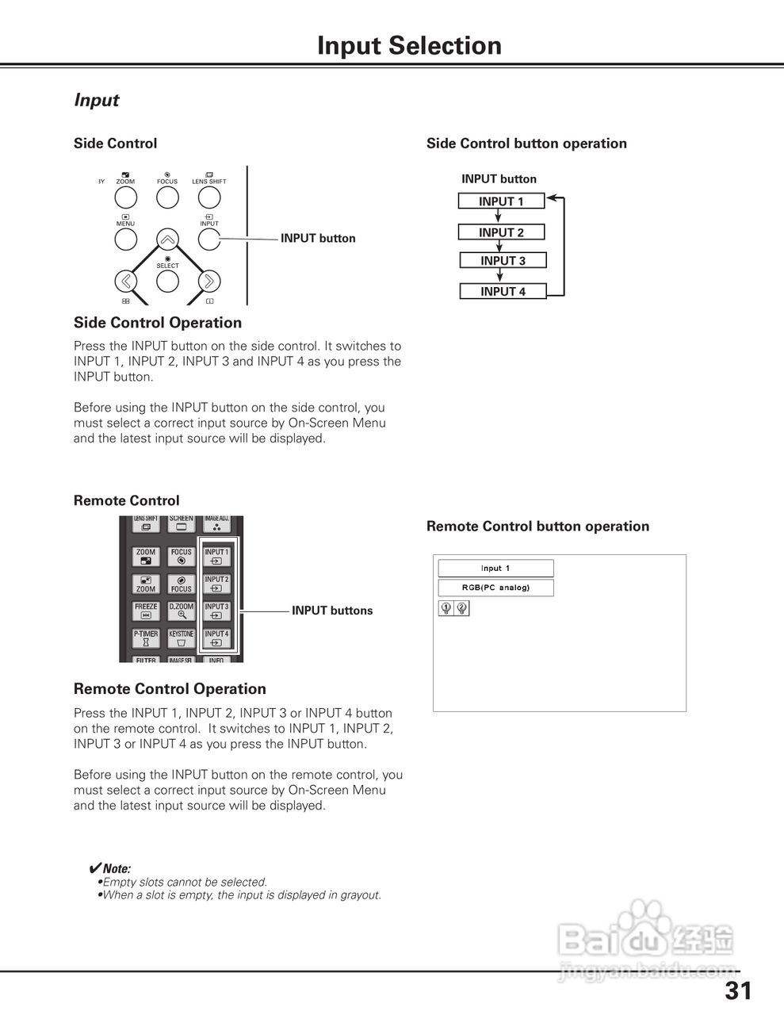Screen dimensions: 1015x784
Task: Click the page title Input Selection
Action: [x=409, y=46]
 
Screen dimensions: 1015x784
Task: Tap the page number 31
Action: [x=737, y=990]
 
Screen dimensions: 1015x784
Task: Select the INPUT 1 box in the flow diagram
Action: [x=501, y=201]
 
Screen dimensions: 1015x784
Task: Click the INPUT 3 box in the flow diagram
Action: [x=503, y=261]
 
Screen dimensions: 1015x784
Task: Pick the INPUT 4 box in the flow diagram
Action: [x=503, y=292]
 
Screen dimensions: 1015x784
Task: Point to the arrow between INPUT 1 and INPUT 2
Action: [x=499, y=216]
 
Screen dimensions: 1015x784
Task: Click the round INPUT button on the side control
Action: [x=209, y=239]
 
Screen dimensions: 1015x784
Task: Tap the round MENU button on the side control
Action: [x=125, y=239]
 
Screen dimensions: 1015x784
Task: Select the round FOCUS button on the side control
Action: [x=167, y=197]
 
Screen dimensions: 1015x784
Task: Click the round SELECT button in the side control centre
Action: [x=167, y=281]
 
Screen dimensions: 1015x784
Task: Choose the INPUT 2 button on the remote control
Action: [x=216, y=584]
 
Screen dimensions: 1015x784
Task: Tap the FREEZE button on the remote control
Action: [x=146, y=611]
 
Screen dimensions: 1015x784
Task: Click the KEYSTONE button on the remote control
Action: [x=182, y=638]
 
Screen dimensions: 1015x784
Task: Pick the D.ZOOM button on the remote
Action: [x=182, y=611]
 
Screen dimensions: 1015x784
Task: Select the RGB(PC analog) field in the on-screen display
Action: [x=495, y=588]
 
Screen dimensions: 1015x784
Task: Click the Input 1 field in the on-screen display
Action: [x=495, y=568]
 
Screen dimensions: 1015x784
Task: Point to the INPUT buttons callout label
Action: [x=332, y=611]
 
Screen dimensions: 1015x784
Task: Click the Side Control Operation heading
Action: [x=158, y=323]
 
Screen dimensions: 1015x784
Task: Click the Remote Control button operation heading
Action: [x=537, y=527]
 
